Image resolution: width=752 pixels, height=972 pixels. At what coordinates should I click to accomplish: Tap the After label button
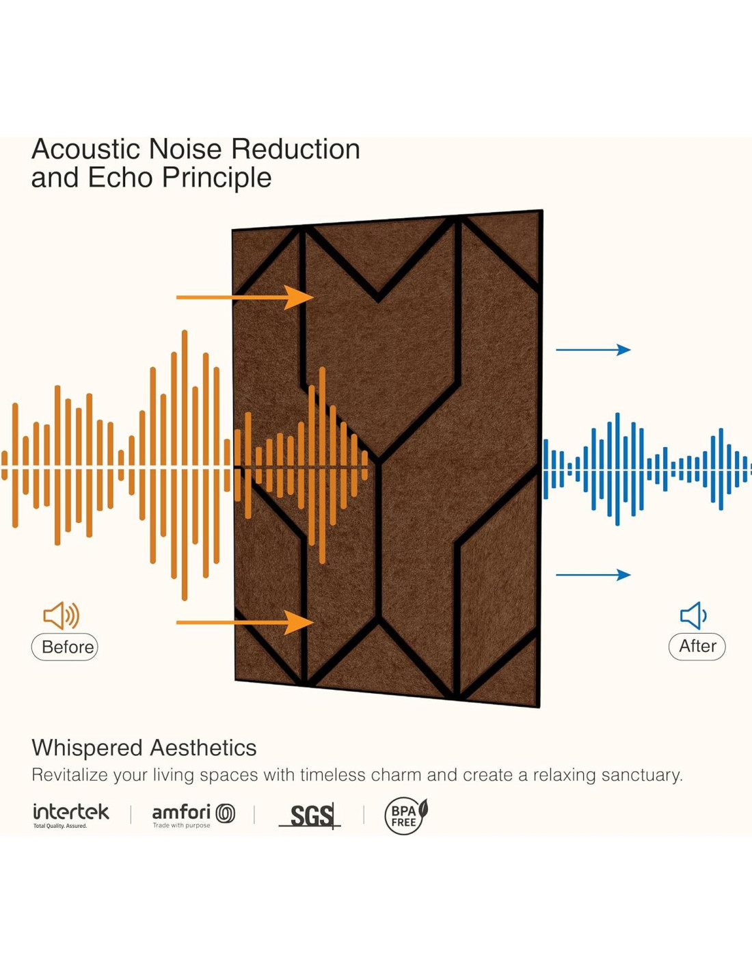(697, 646)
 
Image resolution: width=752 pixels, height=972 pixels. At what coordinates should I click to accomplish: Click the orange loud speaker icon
(61, 616)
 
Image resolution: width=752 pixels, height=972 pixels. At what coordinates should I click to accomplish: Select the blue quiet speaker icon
(693, 616)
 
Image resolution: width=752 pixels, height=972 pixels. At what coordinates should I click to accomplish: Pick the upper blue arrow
(593, 350)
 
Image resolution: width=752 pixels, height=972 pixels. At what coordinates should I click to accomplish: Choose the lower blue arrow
(593, 575)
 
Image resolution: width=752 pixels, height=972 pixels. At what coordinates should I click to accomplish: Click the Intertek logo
(70, 814)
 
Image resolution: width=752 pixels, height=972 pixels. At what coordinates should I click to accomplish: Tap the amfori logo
(193, 814)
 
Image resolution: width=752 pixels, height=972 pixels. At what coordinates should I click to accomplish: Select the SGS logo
(311, 815)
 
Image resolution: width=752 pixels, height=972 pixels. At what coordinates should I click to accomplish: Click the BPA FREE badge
(405, 815)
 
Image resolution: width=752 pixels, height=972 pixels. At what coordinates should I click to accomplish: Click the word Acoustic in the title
(85, 149)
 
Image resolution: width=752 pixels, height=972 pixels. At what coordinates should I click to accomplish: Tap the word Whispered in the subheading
(87, 748)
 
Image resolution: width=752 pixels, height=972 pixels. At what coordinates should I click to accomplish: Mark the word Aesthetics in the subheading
(203, 748)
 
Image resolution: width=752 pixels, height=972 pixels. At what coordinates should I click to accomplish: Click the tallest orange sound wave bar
(185, 465)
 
